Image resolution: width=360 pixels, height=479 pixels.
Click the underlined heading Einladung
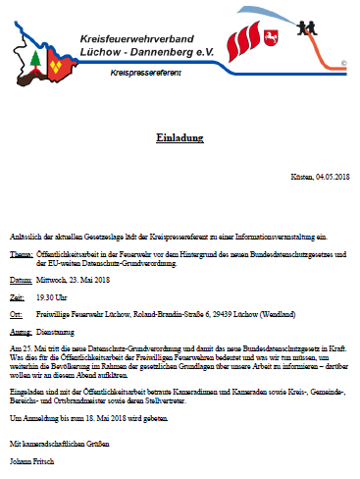[x=180, y=138]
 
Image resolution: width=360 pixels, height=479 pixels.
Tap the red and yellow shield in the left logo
[x=59, y=65]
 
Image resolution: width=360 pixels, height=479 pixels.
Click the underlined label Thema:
[x=22, y=254]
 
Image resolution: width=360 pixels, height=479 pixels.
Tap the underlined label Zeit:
[x=18, y=295]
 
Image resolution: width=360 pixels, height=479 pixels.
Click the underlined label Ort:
[x=16, y=314]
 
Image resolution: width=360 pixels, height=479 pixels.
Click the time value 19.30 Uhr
[x=55, y=295]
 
